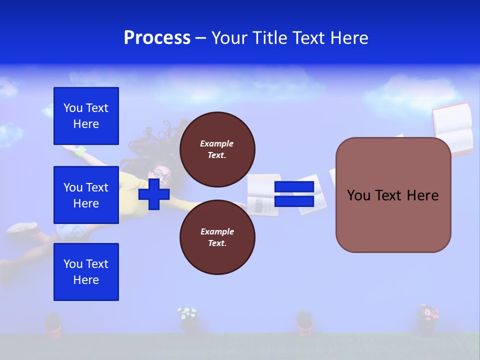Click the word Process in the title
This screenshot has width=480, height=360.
click(157, 38)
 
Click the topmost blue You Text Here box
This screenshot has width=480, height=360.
click(86, 116)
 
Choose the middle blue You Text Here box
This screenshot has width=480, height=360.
click(86, 195)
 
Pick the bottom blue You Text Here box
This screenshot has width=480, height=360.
click(86, 272)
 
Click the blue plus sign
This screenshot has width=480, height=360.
click(154, 194)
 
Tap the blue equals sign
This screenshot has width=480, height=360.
click(294, 194)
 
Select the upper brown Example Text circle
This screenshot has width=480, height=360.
click(217, 149)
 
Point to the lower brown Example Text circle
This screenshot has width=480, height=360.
click(217, 237)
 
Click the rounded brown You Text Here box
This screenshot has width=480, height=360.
click(393, 195)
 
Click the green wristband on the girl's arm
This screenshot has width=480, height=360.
click(80, 150)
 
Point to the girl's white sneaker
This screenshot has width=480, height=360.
click(23, 228)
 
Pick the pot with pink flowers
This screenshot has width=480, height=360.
click(427, 319)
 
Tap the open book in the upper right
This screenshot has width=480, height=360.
click(453, 128)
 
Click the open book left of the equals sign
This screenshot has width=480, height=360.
click(263, 195)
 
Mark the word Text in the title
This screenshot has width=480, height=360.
click(307, 38)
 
